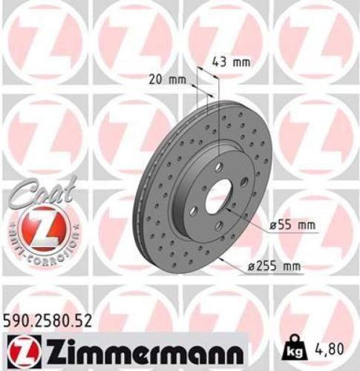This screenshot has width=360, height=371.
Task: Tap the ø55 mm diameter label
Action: click(283, 224)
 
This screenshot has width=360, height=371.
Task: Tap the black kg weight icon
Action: click(295, 346)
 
